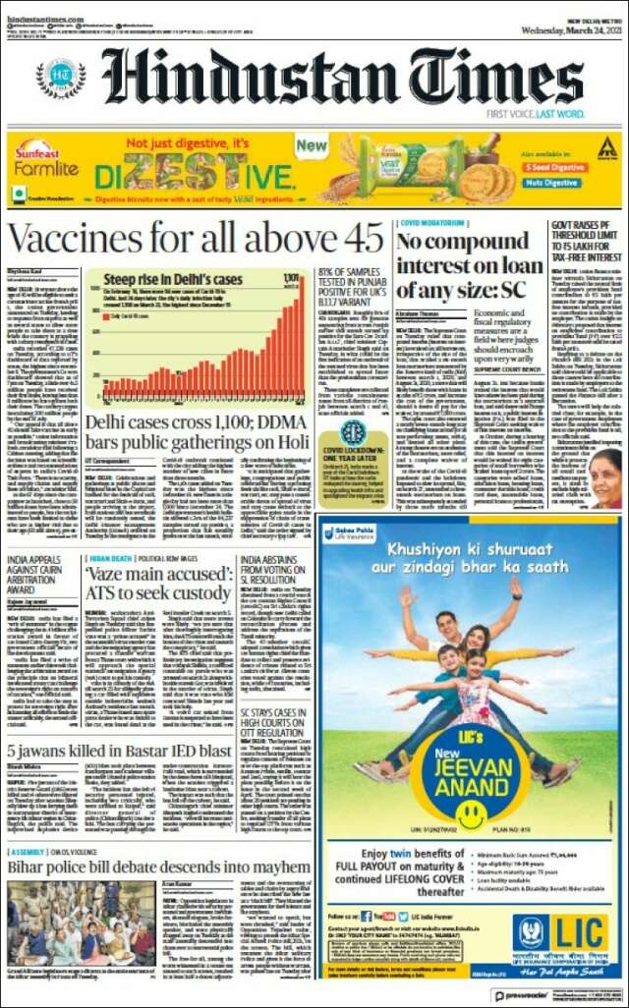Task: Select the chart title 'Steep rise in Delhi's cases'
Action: pyautogui.click(x=173, y=280)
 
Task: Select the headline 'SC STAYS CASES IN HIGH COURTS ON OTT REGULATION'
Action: pyautogui.click(x=280, y=686)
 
